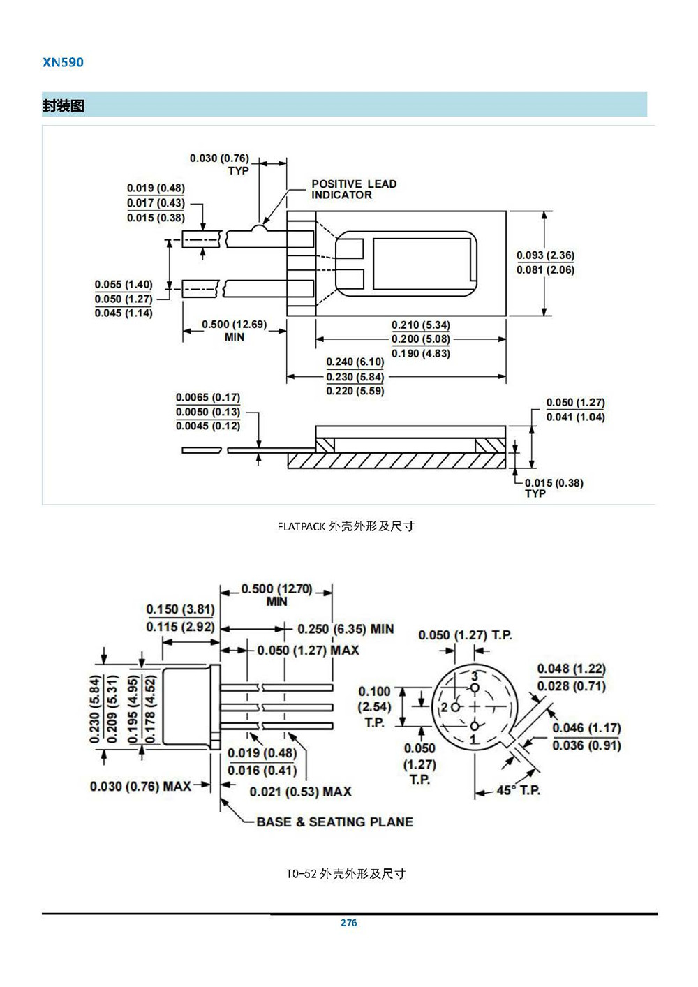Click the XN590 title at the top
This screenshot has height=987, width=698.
(x=63, y=62)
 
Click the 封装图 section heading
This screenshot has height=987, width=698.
(x=64, y=106)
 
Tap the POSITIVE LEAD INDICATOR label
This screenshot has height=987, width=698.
(x=353, y=189)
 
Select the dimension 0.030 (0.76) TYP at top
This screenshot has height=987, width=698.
(x=219, y=163)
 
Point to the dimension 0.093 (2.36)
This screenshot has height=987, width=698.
(x=545, y=255)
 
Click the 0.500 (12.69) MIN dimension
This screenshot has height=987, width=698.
(x=234, y=330)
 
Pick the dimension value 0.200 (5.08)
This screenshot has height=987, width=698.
(x=420, y=339)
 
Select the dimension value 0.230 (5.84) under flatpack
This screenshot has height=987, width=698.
(x=355, y=377)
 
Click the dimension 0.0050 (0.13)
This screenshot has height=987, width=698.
(x=207, y=412)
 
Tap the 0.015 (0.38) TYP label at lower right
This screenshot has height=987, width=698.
(x=554, y=487)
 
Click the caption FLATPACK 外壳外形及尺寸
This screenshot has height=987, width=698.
(x=346, y=526)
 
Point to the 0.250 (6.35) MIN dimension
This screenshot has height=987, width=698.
(x=345, y=629)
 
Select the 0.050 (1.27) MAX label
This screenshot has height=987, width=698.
(x=308, y=651)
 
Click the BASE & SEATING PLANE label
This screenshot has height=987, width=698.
(x=334, y=822)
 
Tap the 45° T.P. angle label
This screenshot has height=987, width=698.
(x=518, y=791)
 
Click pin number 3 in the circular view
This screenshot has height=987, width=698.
(x=475, y=676)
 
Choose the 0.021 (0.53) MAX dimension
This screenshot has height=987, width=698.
(x=300, y=792)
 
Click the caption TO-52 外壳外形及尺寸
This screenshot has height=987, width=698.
(x=346, y=874)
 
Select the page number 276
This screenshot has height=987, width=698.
(x=348, y=923)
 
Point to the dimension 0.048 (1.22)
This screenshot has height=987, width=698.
(x=571, y=669)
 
